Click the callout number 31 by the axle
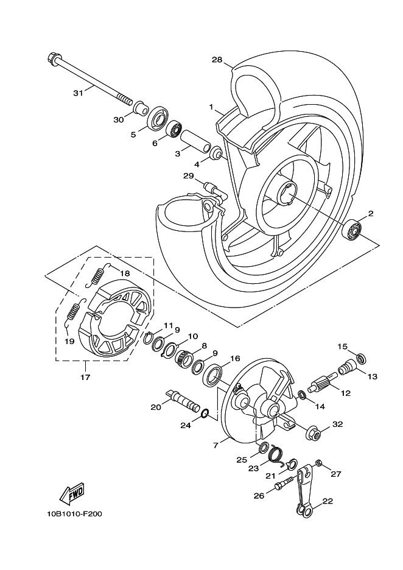[77, 93]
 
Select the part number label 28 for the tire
[216, 60]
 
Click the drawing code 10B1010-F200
[74, 514]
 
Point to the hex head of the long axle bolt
[52, 60]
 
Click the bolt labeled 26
[284, 486]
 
